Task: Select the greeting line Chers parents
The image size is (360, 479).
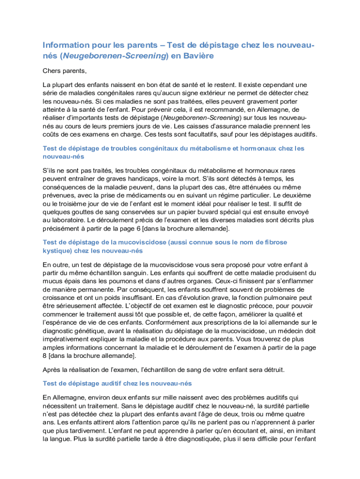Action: (65, 71)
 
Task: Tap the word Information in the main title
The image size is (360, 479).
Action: (66, 45)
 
